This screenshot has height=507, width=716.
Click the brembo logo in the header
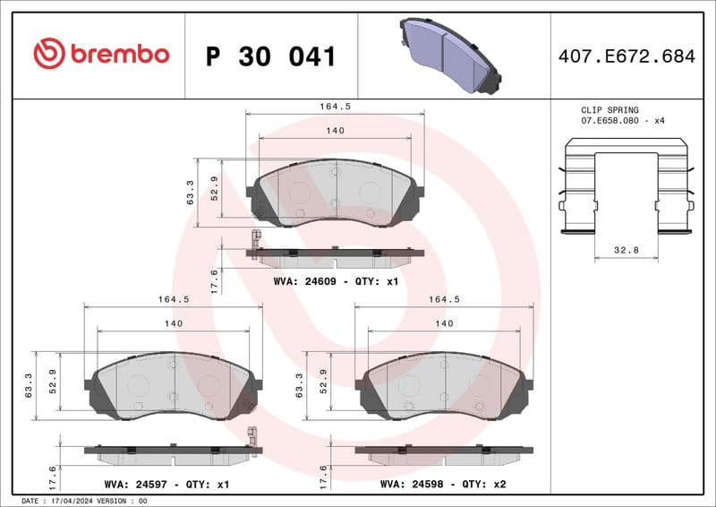[x=100, y=54]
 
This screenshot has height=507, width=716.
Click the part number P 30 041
[x=271, y=56]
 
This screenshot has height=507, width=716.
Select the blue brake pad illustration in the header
[x=447, y=54]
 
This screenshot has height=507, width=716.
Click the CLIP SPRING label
[x=609, y=109]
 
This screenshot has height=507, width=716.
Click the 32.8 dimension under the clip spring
[x=626, y=251]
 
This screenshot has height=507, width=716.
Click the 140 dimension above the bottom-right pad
[x=444, y=324]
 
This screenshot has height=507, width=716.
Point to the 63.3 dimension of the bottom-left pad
[x=30, y=386]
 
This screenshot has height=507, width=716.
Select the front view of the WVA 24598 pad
[x=444, y=383]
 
